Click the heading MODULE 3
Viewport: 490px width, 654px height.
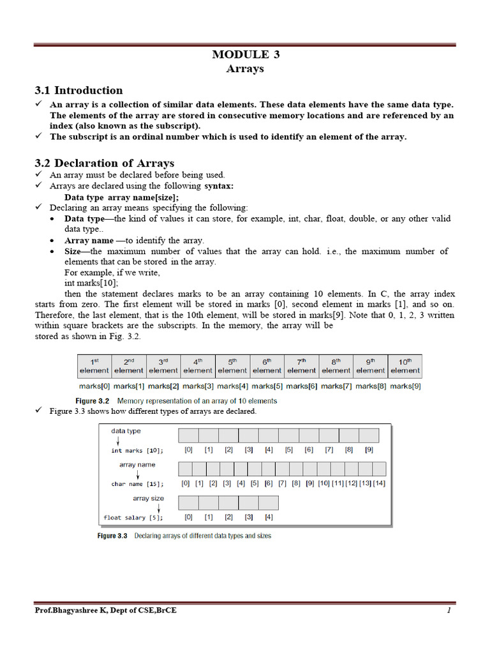246,54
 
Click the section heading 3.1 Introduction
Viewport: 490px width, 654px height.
78,90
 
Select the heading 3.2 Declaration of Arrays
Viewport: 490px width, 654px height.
104,163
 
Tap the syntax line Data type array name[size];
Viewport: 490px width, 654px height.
121,197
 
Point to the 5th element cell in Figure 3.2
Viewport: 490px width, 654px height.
232,365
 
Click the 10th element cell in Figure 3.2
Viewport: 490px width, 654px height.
405,365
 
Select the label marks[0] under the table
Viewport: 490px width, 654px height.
94,386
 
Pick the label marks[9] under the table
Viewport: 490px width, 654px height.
405,386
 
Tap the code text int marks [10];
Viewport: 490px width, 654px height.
137,450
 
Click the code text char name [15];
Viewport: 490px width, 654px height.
137,484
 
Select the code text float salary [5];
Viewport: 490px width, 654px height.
133,517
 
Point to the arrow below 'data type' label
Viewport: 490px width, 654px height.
117,441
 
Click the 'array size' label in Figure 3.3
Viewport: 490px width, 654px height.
148,498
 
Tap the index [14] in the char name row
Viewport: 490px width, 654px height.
379,483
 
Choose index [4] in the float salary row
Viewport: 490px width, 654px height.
269,517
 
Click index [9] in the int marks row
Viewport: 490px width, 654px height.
369,450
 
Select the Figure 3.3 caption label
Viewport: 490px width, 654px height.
112,536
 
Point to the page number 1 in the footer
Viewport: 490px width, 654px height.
449,611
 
